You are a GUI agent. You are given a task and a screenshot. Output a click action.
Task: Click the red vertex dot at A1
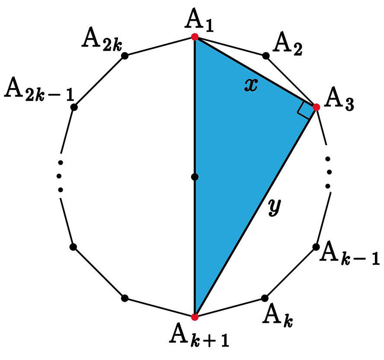point(195,37)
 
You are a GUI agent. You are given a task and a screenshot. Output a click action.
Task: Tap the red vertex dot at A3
point(316,107)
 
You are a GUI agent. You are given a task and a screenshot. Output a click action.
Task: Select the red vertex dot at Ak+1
point(195,317)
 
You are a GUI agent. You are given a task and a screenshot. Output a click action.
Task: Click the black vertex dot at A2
point(266,56)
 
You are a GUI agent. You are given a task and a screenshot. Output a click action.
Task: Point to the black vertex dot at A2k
point(125,56)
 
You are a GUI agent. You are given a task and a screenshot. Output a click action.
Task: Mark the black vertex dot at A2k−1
point(74,107)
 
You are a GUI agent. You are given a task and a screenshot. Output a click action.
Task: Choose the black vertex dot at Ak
point(265,298)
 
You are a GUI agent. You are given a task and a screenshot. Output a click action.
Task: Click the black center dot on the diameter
point(195,177)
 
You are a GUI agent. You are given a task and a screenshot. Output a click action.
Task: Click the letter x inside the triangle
point(250,86)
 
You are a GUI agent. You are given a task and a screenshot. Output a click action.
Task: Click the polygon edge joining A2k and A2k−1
point(99,81)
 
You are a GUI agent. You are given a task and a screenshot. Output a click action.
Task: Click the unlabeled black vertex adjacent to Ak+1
point(125,298)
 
